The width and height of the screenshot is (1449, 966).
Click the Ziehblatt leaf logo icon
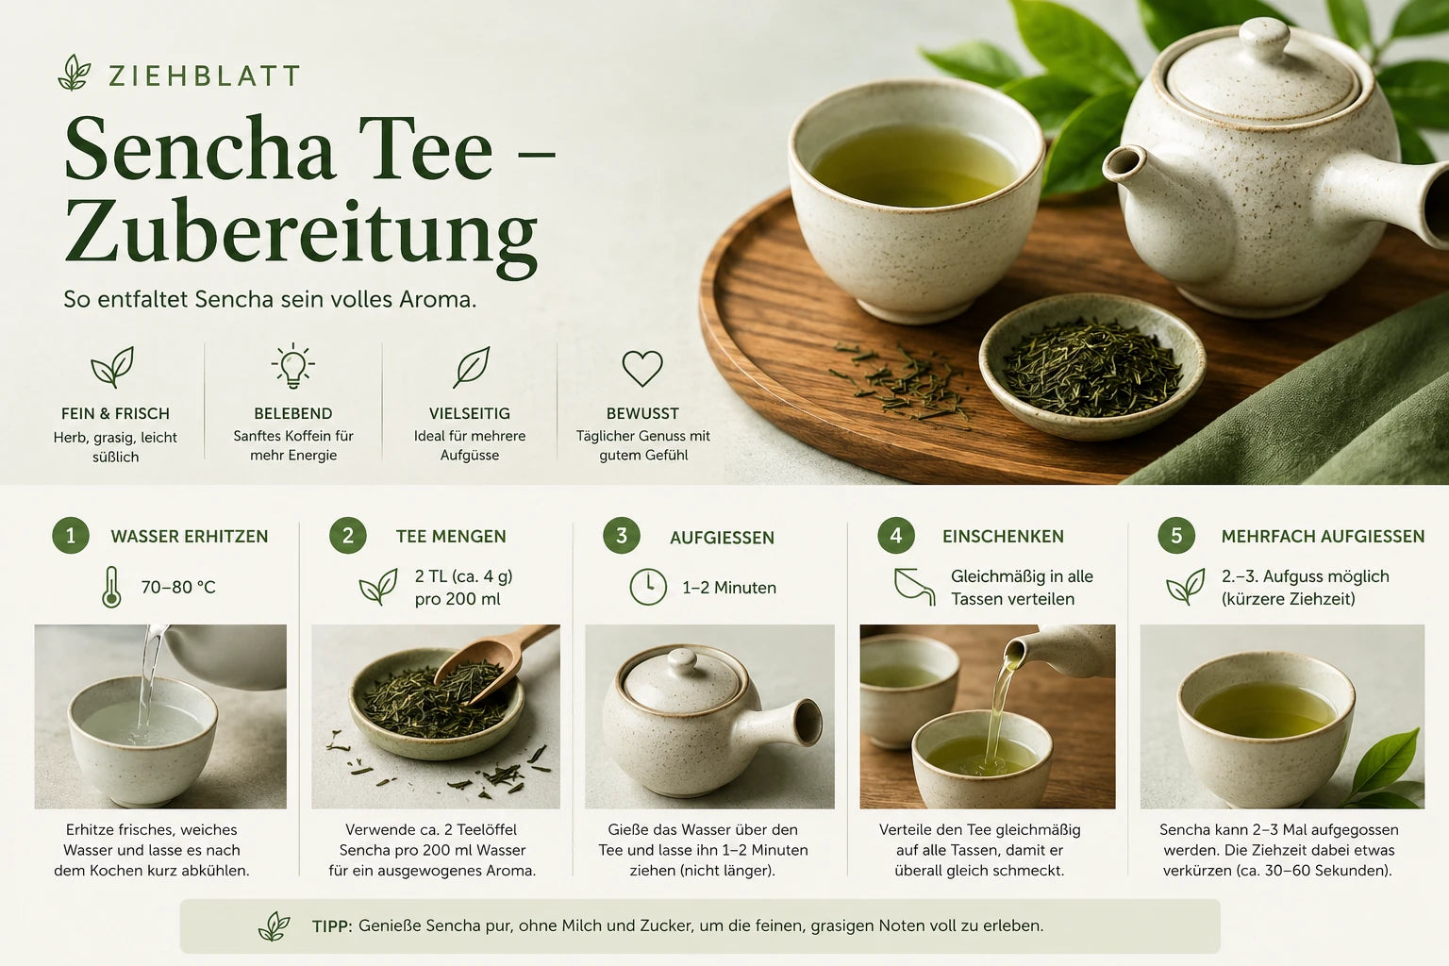[74, 72]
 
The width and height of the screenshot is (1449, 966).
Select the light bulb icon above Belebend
[293, 366]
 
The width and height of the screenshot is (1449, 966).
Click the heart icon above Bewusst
[642, 368]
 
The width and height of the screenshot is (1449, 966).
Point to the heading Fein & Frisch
[115, 413]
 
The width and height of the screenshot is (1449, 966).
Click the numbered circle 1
[71, 535]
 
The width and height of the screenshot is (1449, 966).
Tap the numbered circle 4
[896, 535]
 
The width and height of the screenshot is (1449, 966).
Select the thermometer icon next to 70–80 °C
[111, 587]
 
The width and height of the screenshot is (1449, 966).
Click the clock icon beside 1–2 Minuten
[647, 587]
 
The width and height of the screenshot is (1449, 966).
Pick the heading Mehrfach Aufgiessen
[1323, 537]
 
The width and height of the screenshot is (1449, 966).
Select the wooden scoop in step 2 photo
[495, 661]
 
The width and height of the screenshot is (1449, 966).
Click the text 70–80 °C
[178, 588]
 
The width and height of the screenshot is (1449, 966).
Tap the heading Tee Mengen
[451, 537]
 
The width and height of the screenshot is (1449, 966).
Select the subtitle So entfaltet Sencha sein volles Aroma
[270, 300]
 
